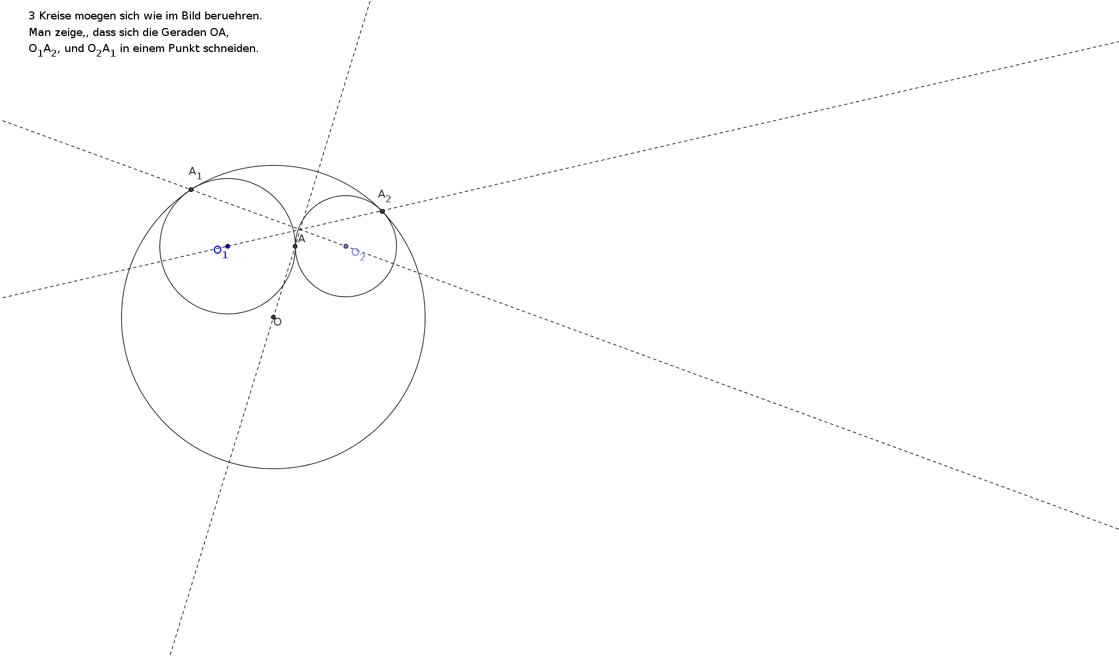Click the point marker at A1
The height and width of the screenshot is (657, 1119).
pos(191,190)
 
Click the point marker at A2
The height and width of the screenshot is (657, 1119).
pos(382,211)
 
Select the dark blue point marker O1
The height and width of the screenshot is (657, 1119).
pos(228,246)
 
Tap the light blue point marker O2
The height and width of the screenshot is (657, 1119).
pos(346,246)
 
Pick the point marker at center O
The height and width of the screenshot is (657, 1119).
pos(273,317)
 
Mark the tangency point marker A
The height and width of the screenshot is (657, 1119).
pos(295,246)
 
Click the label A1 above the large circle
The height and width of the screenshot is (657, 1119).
pos(195,173)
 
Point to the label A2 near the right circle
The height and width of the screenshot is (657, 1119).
pos(384,197)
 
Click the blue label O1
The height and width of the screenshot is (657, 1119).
pos(221,251)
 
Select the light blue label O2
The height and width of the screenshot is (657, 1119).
pos(358,254)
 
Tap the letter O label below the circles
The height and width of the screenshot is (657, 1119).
pos(278,322)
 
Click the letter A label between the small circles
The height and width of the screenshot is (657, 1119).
pos(302,239)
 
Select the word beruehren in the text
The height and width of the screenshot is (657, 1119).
pos(237,16)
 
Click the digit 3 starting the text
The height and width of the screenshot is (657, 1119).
pos(31,16)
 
